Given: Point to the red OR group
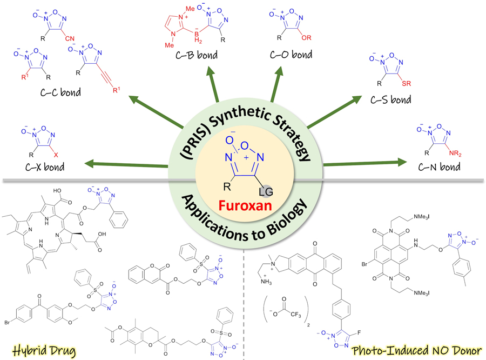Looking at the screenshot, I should (x=309, y=39).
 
